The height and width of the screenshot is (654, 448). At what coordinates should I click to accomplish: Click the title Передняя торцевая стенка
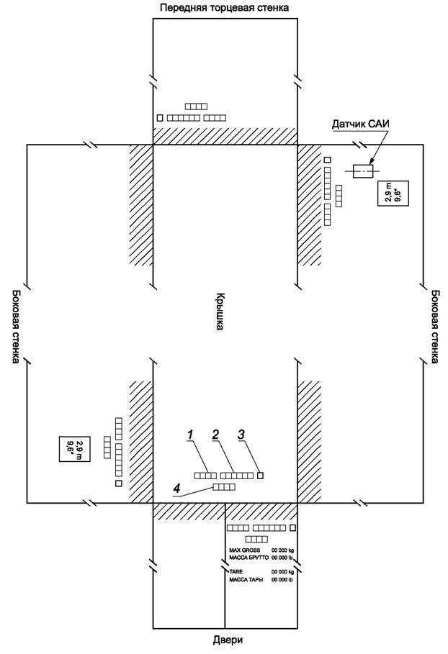pyautogui.click(x=224, y=7)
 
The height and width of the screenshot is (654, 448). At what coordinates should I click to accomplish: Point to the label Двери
pyautogui.click(x=225, y=640)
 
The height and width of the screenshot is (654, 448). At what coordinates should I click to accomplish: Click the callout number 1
pyautogui.click(x=190, y=434)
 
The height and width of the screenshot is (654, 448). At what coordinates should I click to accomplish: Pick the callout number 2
pyautogui.click(x=215, y=434)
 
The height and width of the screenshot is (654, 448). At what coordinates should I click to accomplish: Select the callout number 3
pyautogui.click(x=242, y=434)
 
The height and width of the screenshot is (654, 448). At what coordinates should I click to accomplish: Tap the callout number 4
pyautogui.click(x=176, y=487)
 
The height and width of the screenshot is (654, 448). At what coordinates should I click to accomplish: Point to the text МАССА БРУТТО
pyautogui.click(x=248, y=558)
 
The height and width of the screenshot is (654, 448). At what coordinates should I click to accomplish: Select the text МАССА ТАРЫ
pyautogui.click(x=246, y=580)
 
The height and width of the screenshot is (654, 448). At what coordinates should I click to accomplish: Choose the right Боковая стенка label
pyautogui.click(x=434, y=327)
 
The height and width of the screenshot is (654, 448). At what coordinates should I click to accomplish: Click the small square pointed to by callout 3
pyautogui.click(x=261, y=475)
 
